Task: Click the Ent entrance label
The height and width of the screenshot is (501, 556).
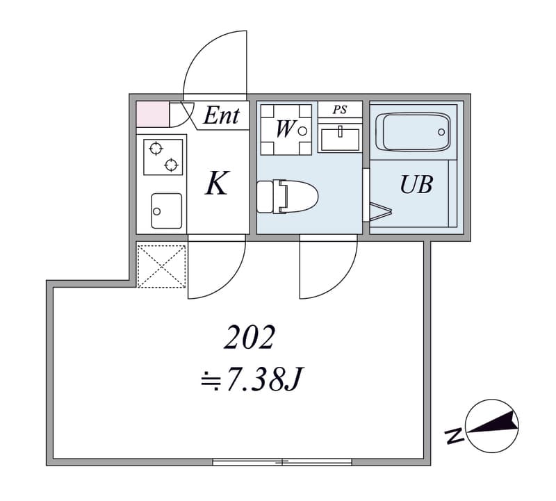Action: point(221,115)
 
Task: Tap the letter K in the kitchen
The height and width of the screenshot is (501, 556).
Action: point(217,183)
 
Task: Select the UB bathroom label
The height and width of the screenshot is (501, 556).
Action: point(416,185)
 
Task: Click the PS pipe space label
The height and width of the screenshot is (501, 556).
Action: point(339,110)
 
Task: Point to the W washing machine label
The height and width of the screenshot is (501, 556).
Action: point(284,129)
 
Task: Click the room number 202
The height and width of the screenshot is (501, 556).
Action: point(250,337)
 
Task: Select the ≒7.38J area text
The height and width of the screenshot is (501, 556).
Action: point(251,379)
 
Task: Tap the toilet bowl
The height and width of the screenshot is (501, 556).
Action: point(300,197)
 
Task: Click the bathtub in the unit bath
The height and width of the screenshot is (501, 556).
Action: point(413,132)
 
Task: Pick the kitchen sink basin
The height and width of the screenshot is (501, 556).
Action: point(166,211)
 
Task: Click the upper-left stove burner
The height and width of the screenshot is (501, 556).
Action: point(156,148)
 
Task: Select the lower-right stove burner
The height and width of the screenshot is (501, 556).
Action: point(171,165)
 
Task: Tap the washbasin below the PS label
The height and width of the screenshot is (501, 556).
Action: point(340,140)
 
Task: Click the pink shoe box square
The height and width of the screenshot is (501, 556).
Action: point(153,114)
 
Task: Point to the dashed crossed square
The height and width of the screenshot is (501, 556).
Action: point(161,266)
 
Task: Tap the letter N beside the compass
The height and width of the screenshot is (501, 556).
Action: point(455,436)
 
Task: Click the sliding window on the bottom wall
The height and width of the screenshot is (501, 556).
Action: point(282,461)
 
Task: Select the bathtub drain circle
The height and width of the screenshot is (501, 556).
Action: point(441,132)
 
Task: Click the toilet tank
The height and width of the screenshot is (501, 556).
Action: point(265,197)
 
